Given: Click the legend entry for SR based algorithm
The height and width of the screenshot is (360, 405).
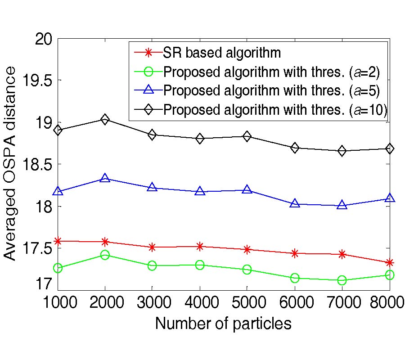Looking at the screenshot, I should [222, 53].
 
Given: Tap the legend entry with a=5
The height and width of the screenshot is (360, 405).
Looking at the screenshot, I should [272, 90].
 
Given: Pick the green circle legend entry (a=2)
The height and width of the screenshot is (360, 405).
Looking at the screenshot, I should [272, 72].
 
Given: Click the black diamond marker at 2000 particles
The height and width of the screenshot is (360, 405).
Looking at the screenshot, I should [105, 120].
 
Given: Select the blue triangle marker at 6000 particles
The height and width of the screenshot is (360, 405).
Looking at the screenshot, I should [295, 203].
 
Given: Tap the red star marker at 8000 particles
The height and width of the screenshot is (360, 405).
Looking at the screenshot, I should [390, 262].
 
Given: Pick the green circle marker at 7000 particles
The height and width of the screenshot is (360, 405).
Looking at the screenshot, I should [342, 280].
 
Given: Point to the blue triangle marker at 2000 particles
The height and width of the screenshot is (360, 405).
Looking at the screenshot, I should [105, 178].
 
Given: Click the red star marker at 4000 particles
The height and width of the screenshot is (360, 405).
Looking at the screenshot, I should [200, 246].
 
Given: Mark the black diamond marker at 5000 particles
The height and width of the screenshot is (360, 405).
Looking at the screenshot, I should [247, 136].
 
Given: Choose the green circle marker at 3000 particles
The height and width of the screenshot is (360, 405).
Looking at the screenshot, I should [152, 266].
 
